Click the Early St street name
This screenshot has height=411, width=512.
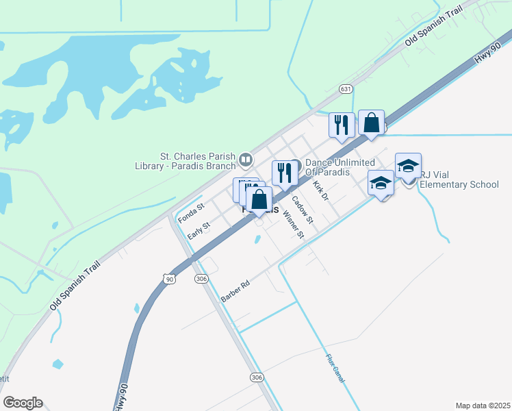[x=199, y=229]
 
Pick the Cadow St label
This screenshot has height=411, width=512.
[x=302, y=210]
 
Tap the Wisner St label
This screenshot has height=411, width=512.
[x=294, y=224]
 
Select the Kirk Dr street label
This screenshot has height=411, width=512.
[x=320, y=190]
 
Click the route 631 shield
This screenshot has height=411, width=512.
[x=346, y=90]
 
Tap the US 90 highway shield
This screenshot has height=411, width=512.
[x=170, y=279]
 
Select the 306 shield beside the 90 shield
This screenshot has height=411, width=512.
[x=201, y=279]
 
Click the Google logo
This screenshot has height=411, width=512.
[x=23, y=403]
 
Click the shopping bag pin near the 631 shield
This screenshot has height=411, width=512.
[x=371, y=124]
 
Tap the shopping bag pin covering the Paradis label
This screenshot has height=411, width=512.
[x=259, y=200]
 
